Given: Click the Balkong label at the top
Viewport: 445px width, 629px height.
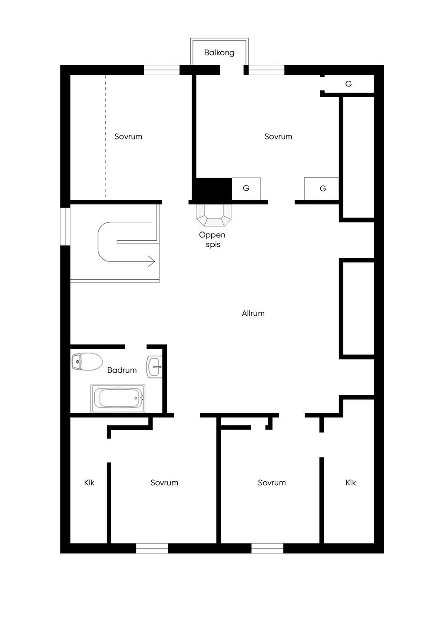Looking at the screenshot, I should coord(219,53).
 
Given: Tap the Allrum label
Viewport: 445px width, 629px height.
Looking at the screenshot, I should coord(253,313).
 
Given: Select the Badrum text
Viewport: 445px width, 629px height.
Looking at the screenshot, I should coord(122,370).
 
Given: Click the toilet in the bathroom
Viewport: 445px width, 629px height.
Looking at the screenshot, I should coord(87,361).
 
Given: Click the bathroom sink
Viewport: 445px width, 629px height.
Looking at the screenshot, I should coord(154,367).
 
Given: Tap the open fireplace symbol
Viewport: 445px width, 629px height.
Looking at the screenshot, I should coord(214,215).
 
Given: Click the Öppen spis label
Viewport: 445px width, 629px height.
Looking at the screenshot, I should coord(213,239).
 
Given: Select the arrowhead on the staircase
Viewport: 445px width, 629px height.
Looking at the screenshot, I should coord(151,261).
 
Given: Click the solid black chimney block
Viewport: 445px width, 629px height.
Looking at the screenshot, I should coord(212,189).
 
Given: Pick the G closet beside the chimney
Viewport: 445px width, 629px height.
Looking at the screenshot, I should coord(246,189).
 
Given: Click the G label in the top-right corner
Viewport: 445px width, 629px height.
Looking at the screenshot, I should coord(348,84).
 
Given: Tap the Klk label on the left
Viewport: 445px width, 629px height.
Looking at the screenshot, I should coord(89,483).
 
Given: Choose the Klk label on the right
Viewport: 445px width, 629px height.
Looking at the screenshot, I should coord(351,483).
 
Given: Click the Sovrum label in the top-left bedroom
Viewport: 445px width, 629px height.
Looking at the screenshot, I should coord(128,136).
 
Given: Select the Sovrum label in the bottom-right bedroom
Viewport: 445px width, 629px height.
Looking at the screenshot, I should coord(272,483).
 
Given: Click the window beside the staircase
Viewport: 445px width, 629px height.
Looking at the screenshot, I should coord(65,226).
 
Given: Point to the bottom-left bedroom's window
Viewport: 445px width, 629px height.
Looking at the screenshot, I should coord(152,549).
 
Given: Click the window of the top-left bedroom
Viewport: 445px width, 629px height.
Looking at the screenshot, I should coord(162,70).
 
